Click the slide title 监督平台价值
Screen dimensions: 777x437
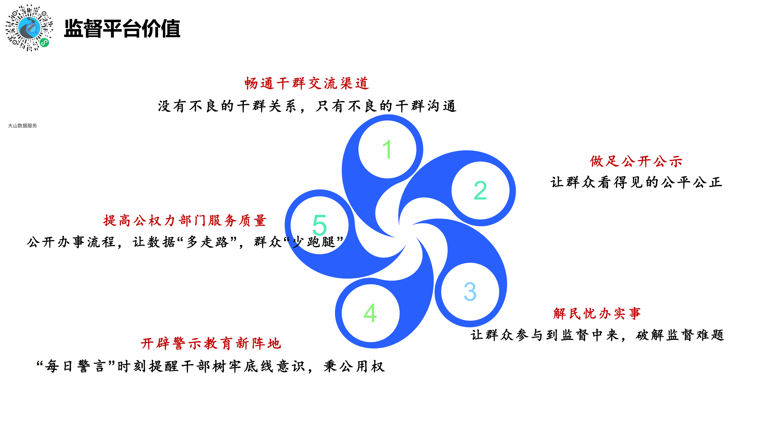click(x=122, y=29)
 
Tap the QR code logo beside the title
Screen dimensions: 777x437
click(x=29, y=28)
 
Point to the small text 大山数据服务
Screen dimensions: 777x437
click(x=22, y=126)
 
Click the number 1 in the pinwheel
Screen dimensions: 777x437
click(x=387, y=149)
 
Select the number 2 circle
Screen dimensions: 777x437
click(x=480, y=191)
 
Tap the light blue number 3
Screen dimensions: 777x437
click(x=470, y=292)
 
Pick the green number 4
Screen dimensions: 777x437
click(x=370, y=313)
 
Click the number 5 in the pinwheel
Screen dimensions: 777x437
click(x=320, y=225)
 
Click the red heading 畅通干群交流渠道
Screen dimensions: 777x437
click(x=307, y=83)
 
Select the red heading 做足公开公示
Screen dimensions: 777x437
click(x=636, y=161)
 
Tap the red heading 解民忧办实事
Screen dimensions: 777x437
click(x=597, y=313)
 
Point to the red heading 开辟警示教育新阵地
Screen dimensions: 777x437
click(x=211, y=344)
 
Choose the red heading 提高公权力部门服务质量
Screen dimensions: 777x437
click(x=185, y=221)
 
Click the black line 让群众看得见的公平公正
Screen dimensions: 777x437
click(x=636, y=182)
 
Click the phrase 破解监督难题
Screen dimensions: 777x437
click(x=680, y=335)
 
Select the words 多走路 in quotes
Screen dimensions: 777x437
click(x=207, y=242)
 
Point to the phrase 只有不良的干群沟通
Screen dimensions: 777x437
click(x=386, y=106)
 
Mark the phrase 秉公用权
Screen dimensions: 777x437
click(x=354, y=366)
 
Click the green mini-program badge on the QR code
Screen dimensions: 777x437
click(x=45, y=42)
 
